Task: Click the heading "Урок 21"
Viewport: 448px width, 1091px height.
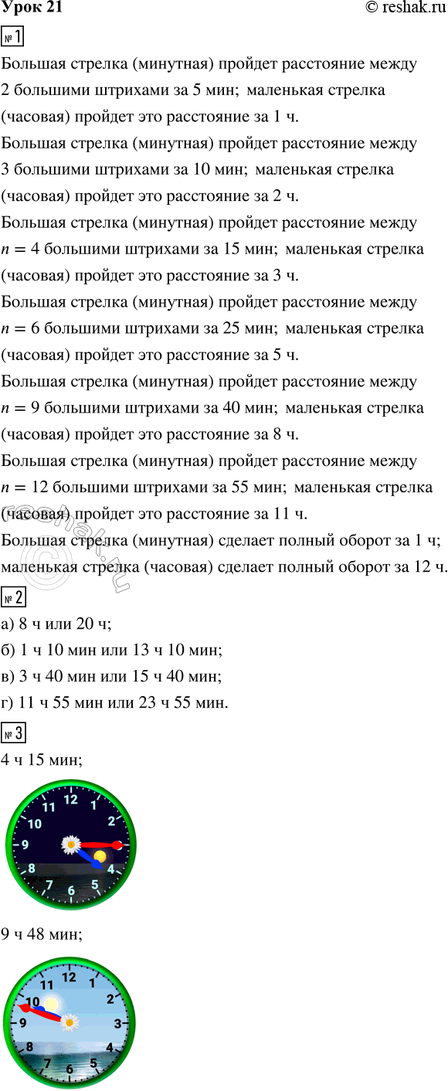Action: (32, 8)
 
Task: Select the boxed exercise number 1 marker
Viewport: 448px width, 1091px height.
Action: (13, 37)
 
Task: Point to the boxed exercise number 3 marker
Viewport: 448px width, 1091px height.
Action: (13, 732)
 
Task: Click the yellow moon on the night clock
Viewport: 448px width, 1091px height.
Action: (99, 857)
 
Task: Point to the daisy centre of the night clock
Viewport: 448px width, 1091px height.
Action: (71, 845)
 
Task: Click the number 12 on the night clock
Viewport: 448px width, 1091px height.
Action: (71, 800)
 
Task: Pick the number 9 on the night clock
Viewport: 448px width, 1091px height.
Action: (25, 845)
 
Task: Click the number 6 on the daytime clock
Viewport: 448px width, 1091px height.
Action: (70, 1069)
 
